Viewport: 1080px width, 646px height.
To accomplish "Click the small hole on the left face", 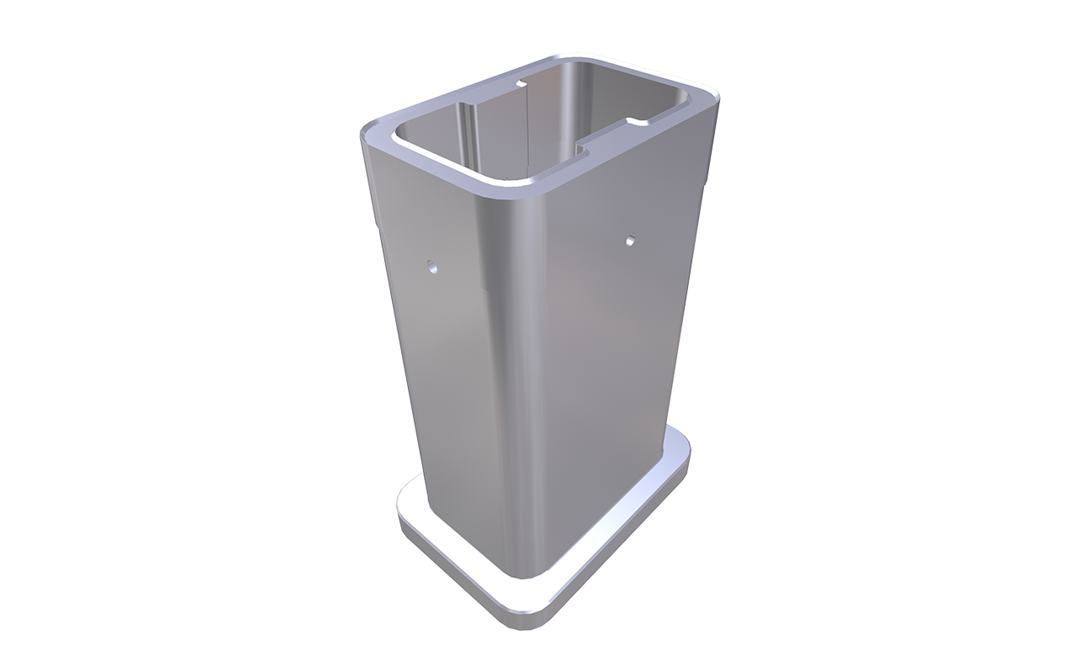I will (431, 268).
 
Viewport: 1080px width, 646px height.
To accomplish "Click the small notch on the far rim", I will (519, 84).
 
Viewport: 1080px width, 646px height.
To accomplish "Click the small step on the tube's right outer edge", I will (705, 181).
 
